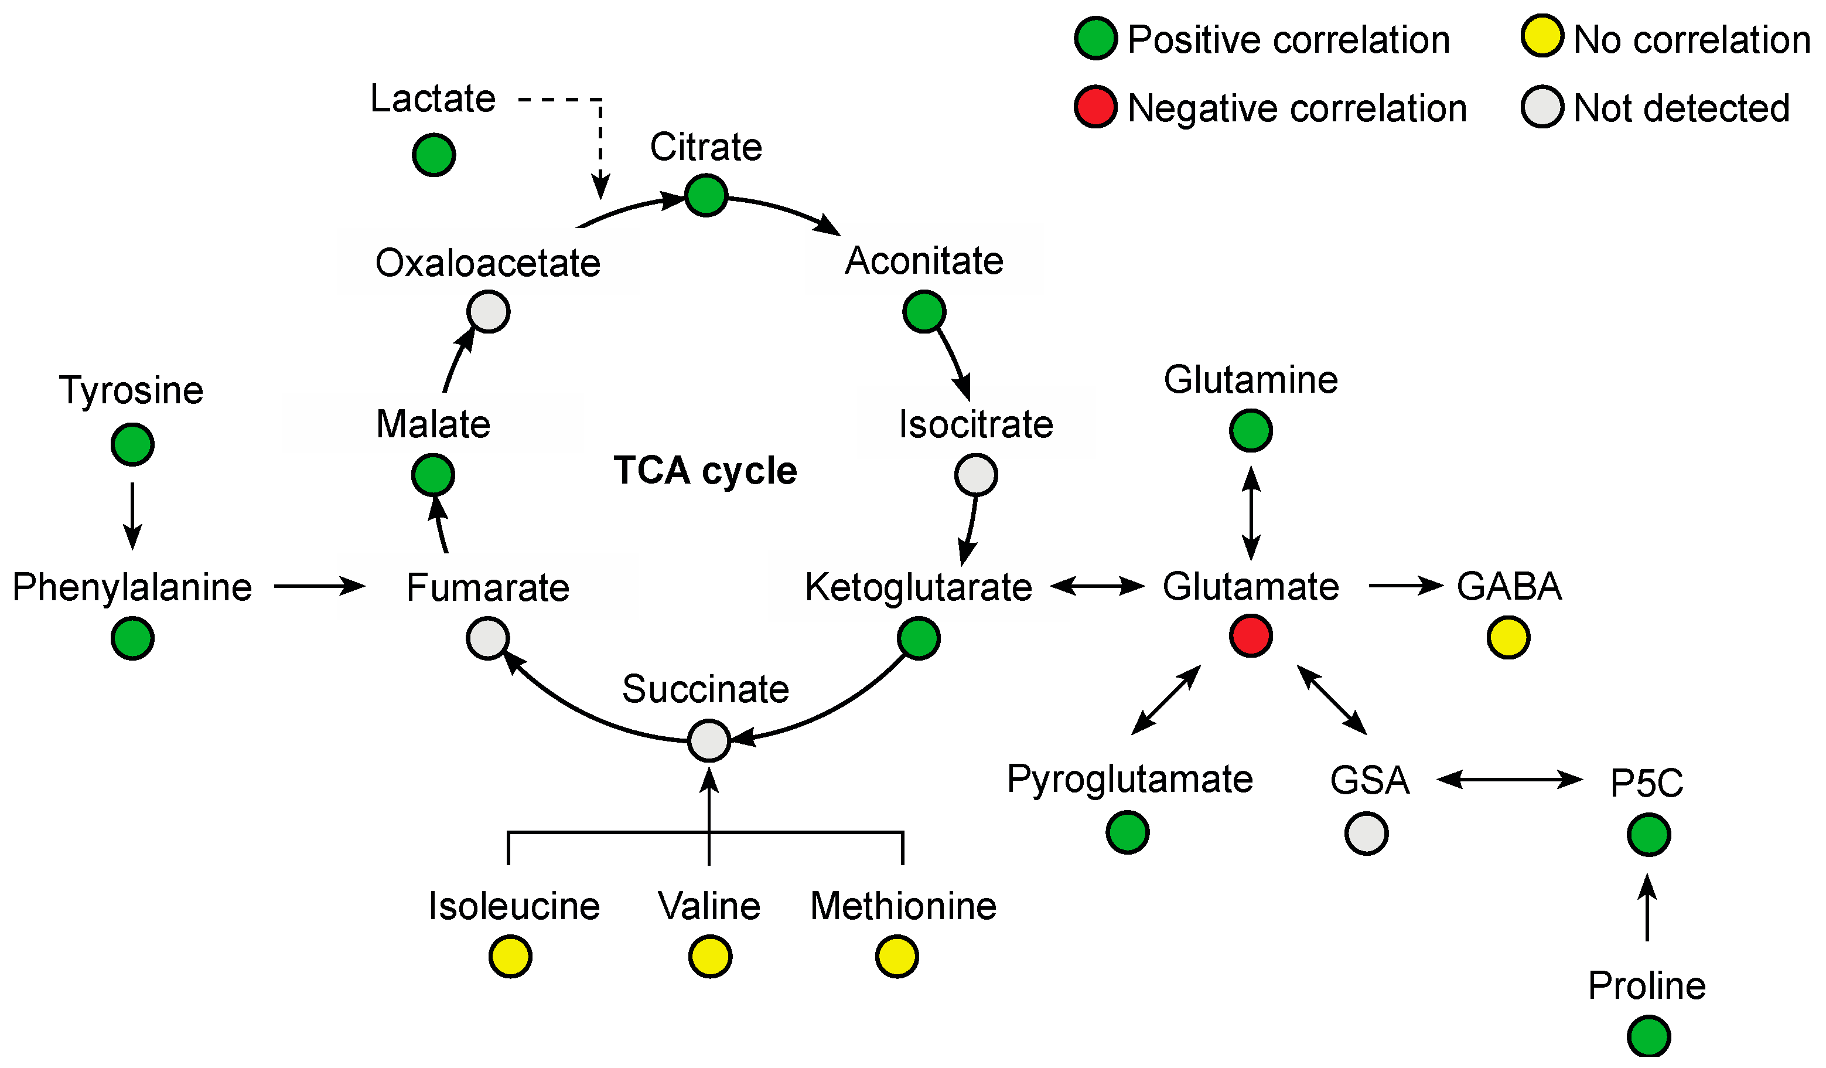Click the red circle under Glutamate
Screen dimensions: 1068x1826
(1251, 636)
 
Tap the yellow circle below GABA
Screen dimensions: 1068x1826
(1508, 637)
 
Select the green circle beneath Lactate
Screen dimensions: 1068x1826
(434, 154)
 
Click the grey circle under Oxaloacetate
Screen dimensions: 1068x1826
(489, 312)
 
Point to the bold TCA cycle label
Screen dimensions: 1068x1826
(705, 471)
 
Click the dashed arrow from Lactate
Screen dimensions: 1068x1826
(600, 138)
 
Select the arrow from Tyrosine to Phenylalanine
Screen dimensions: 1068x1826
(132, 515)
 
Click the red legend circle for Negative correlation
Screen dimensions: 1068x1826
(1095, 107)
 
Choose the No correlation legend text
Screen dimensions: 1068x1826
(1691, 39)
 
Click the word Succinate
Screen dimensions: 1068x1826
(705, 689)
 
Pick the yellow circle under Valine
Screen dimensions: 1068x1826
(710, 957)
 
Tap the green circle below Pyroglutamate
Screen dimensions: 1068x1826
(1128, 832)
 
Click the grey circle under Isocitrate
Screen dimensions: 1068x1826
(976, 475)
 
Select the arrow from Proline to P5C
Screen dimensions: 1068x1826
(1648, 909)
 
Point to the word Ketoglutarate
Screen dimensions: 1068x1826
(918, 587)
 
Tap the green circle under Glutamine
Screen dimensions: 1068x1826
(1251, 430)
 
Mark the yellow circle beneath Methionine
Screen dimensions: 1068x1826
(897, 957)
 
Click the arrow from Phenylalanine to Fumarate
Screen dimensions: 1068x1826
(319, 585)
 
